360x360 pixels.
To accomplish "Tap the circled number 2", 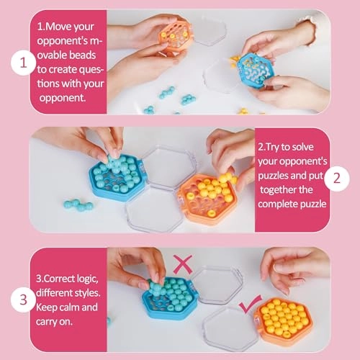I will [x=336, y=179].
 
